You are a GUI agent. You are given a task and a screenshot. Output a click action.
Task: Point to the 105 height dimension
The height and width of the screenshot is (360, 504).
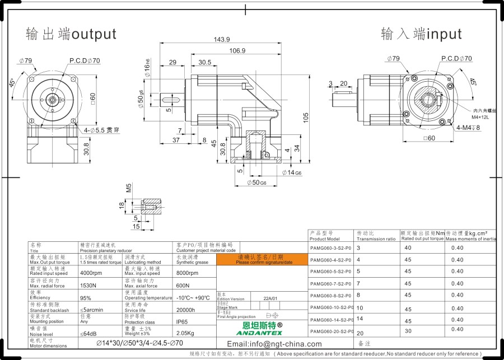[306, 116]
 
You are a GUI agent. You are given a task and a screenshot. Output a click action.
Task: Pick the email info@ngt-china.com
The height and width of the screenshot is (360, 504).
[274, 344]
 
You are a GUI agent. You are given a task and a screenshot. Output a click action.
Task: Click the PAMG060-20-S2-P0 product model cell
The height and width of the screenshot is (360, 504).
[330, 331]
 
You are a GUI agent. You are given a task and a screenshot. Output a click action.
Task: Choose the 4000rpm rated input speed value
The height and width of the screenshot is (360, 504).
[91, 273]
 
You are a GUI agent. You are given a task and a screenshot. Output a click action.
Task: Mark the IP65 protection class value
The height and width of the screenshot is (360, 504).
[183, 322]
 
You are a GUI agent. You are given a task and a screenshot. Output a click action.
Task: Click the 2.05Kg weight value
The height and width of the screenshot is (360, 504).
[186, 334]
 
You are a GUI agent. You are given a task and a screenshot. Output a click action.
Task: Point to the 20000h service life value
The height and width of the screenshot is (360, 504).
[186, 310]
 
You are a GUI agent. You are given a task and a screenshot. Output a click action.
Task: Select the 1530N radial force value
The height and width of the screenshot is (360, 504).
[88, 286]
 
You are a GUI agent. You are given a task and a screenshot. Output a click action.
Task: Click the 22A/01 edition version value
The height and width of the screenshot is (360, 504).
[271, 298]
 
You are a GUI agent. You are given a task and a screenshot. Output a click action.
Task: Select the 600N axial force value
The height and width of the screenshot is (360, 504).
[183, 286]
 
